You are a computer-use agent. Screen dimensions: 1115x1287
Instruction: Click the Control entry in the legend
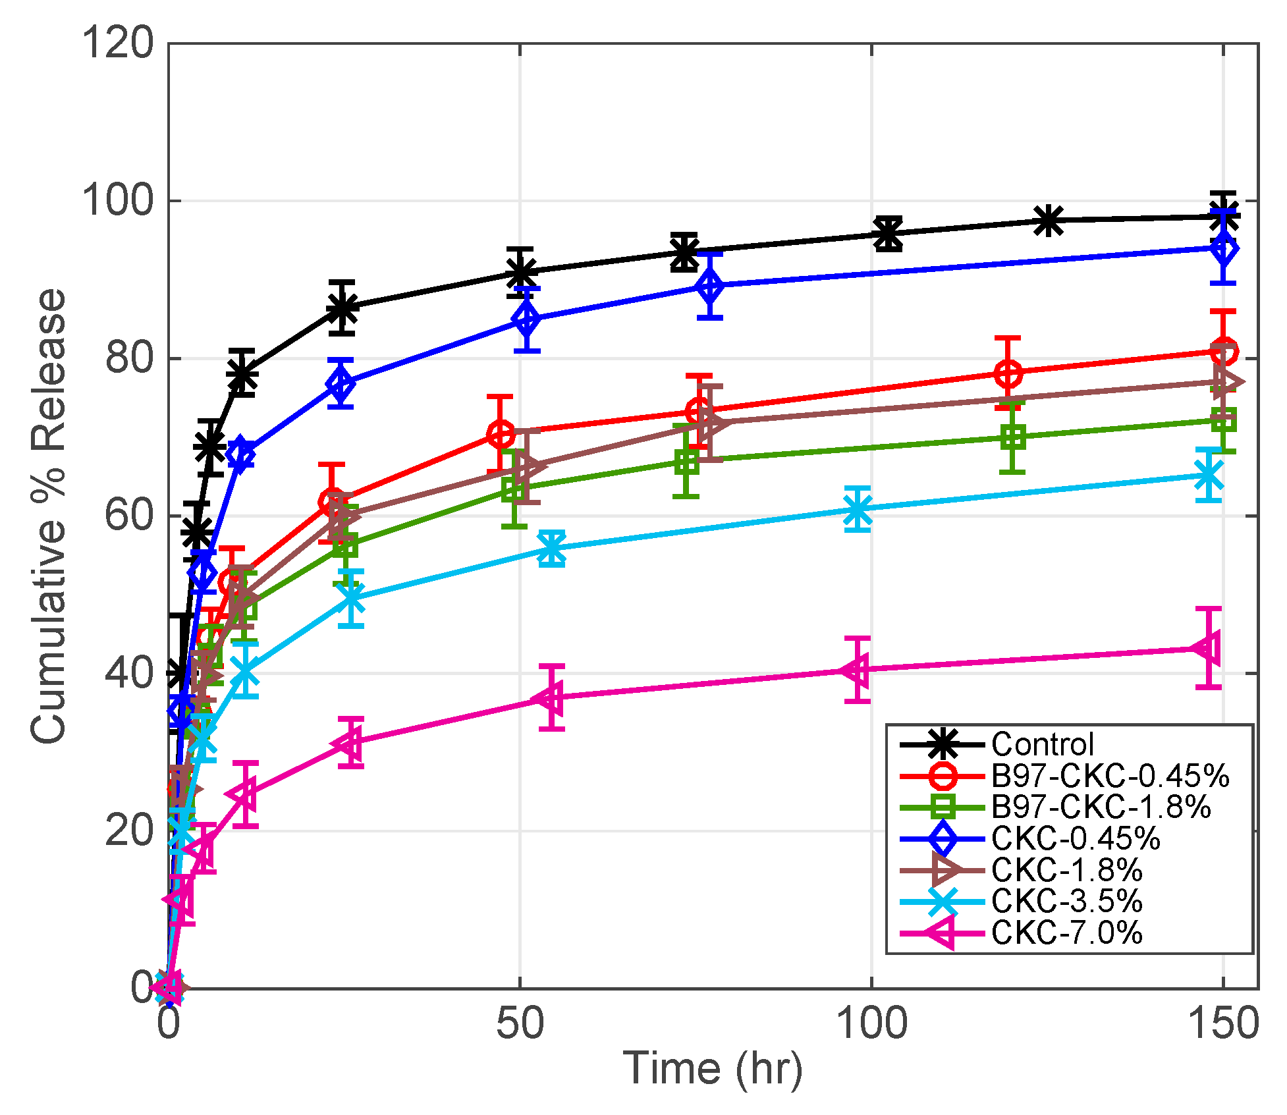(x=1042, y=745)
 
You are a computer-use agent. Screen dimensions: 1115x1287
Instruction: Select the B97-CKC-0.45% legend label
(x=1110, y=776)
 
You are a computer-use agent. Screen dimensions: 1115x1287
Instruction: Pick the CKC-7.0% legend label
(x=1066, y=933)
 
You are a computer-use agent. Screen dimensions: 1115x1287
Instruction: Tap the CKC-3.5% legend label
(x=1066, y=901)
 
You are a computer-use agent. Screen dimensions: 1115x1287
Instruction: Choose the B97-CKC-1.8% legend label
(x=1101, y=807)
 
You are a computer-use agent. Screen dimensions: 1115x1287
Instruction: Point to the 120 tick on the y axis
(x=117, y=43)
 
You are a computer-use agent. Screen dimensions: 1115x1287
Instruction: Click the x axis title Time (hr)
(x=713, y=1068)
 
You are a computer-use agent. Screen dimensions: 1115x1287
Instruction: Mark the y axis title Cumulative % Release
(x=49, y=516)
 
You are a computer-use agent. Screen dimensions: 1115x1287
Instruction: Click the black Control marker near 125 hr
(x=1048, y=221)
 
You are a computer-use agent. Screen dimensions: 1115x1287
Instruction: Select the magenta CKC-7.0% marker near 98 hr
(x=857, y=670)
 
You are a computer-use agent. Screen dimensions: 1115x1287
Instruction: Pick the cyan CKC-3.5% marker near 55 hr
(x=551, y=548)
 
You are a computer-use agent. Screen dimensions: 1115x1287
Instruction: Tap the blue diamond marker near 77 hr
(x=710, y=286)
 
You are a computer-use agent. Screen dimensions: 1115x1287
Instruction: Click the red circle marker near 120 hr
(x=1008, y=373)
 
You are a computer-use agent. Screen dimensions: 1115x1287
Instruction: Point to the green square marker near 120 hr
(x=1013, y=437)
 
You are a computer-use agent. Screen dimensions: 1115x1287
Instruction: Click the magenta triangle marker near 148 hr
(x=1208, y=648)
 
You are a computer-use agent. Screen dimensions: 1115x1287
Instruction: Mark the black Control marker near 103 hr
(x=888, y=234)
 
